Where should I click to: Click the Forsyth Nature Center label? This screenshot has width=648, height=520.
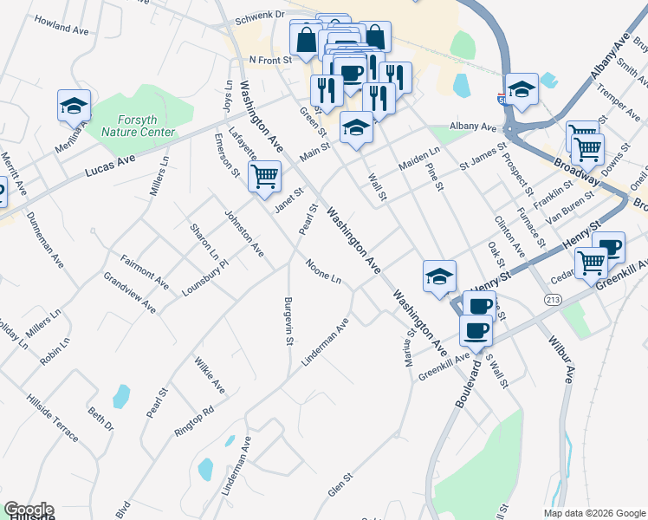(x=138, y=127)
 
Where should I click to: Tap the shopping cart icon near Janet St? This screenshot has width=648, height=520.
(x=264, y=177)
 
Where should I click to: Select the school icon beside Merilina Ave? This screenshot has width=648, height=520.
(x=74, y=107)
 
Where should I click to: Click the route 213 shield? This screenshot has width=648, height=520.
(x=553, y=299)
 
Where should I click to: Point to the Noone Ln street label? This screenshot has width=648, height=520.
(x=322, y=272)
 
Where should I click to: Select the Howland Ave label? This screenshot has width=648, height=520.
(x=63, y=29)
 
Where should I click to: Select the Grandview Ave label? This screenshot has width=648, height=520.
(x=129, y=293)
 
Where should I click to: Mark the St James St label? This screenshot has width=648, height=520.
(x=482, y=156)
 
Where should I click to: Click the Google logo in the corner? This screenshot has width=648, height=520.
(x=28, y=510)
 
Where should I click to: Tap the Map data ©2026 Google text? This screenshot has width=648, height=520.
(x=593, y=513)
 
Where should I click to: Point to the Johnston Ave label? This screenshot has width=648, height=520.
(x=243, y=232)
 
